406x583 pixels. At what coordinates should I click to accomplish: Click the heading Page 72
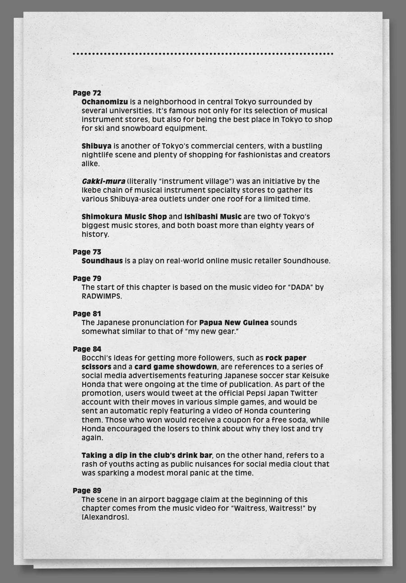click(87, 93)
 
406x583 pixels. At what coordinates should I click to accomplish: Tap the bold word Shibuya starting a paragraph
click(96, 146)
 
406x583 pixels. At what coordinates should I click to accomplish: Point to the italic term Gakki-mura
click(97, 182)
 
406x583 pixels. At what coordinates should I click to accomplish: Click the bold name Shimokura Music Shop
click(124, 217)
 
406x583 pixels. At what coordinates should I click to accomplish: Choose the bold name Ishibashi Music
click(212, 217)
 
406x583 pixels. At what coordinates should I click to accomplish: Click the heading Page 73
click(87, 252)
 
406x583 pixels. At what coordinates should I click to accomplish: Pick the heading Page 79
click(87, 278)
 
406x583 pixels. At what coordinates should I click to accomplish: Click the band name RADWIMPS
click(101, 296)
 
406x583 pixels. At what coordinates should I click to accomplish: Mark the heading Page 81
click(87, 314)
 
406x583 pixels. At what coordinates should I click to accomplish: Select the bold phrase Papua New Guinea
click(234, 323)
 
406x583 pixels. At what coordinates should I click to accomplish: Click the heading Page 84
click(87, 349)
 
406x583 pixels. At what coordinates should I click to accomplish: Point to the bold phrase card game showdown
click(175, 367)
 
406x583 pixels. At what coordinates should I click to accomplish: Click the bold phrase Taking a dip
click(105, 455)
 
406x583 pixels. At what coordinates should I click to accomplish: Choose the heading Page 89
click(87, 490)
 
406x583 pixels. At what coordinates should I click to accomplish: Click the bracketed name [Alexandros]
click(105, 517)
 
